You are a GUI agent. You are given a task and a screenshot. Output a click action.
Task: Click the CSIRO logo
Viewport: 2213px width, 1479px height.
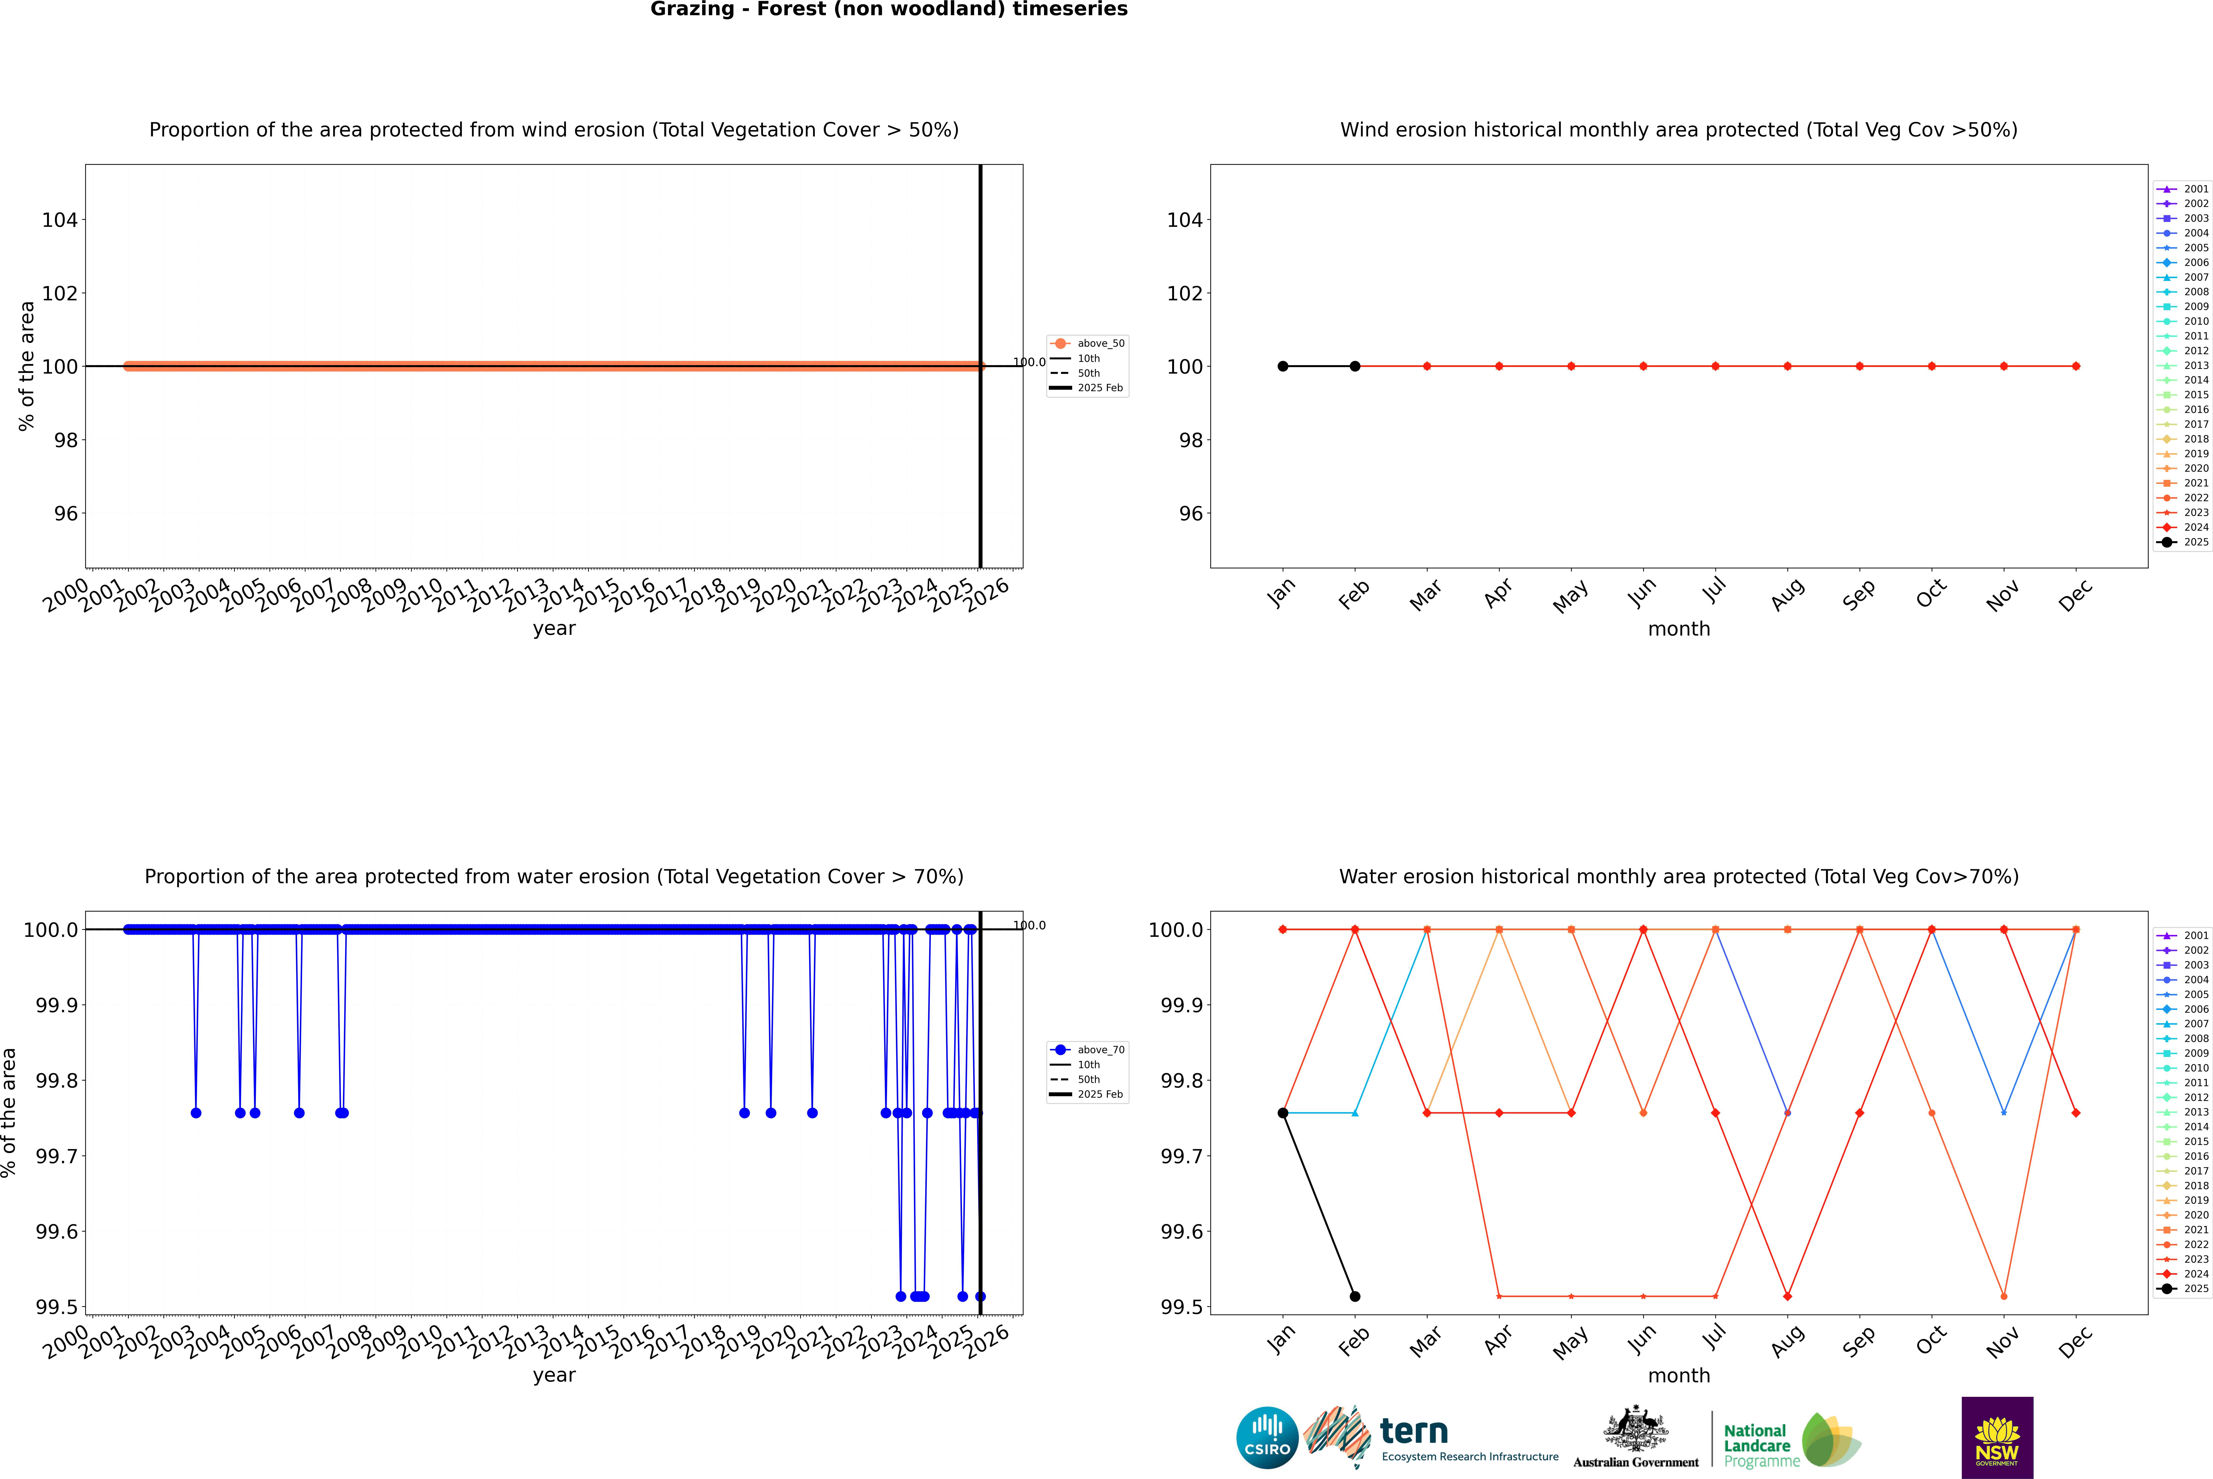point(1267,1438)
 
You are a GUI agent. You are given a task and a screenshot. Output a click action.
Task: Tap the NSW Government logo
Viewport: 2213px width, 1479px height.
point(1997,1438)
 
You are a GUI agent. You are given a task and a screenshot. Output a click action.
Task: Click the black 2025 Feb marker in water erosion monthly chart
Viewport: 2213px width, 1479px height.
point(1355,1296)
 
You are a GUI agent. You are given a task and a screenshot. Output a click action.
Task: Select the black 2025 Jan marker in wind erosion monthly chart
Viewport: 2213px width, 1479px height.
point(1283,366)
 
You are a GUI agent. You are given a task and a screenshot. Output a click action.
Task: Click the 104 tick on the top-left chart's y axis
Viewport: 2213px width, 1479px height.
point(59,220)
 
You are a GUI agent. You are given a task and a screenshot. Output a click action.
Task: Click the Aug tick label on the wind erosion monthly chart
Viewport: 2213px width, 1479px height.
point(1788,594)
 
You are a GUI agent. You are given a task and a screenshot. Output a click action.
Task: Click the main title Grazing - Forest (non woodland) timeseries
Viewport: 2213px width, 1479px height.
point(889,9)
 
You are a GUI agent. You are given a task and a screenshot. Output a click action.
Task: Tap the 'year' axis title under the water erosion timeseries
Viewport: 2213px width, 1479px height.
point(554,1375)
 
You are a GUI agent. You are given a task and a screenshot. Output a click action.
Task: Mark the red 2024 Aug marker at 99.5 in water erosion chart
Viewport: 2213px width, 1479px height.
point(1788,1296)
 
